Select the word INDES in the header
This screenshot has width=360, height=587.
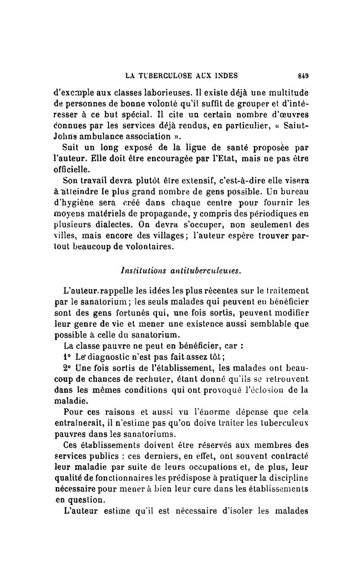[225, 75]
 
